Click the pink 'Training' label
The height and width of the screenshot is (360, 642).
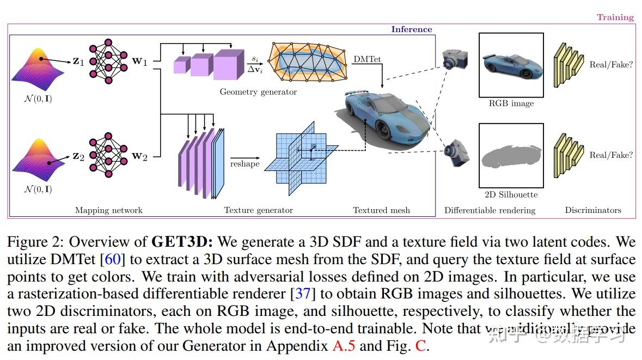click(615, 17)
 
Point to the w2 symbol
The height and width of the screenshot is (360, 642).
click(139, 157)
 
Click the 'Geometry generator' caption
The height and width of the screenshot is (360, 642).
click(258, 92)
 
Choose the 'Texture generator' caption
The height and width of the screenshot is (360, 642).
click(258, 210)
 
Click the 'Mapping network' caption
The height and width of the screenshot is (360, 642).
click(108, 210)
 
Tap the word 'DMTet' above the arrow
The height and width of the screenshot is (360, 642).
click(367, 59)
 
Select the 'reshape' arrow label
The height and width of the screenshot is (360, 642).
click(244, 163)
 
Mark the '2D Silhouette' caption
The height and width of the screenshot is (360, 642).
click(511, 194)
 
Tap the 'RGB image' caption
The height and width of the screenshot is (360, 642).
click(511, 103)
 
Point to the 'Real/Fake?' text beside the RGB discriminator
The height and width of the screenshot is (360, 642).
click(611, 64)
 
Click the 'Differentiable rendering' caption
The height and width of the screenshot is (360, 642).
click(490, 210)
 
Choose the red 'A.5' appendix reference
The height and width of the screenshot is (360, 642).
click(345, 346)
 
